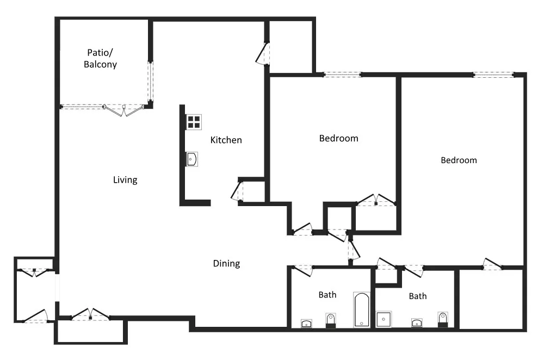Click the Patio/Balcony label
point(100,58)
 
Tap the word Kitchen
point(226,140)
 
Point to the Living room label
point(125,179)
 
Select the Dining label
point(226,263)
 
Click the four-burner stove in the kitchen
point(194,122)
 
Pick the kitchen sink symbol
point(191,159)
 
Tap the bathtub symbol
point(362,310)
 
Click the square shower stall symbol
point(384,319)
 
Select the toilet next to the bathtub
point(331,320)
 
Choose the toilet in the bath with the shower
point(443,320)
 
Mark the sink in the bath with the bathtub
point(306,324)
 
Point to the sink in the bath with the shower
point(417,323)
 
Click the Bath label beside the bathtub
point(327,295)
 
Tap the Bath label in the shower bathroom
point(418,296)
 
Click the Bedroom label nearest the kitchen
point(338,138)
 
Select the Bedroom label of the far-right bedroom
point(459,160)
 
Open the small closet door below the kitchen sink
point(237,190)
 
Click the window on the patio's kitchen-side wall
point(150,82)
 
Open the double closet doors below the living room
point(90,314)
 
